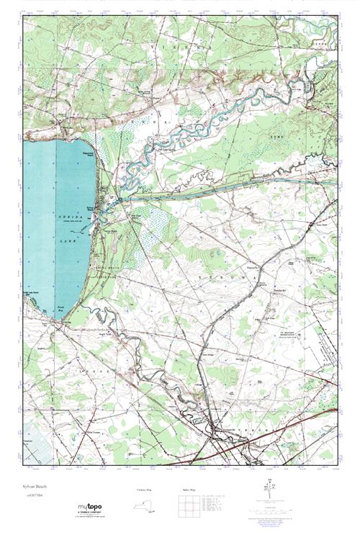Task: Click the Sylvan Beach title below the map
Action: pyautogui.click(x=35, y=487)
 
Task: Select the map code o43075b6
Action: pyautogui.click(x=33, y=495)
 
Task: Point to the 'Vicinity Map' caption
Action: pyautogui.click(x=145, y=490)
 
